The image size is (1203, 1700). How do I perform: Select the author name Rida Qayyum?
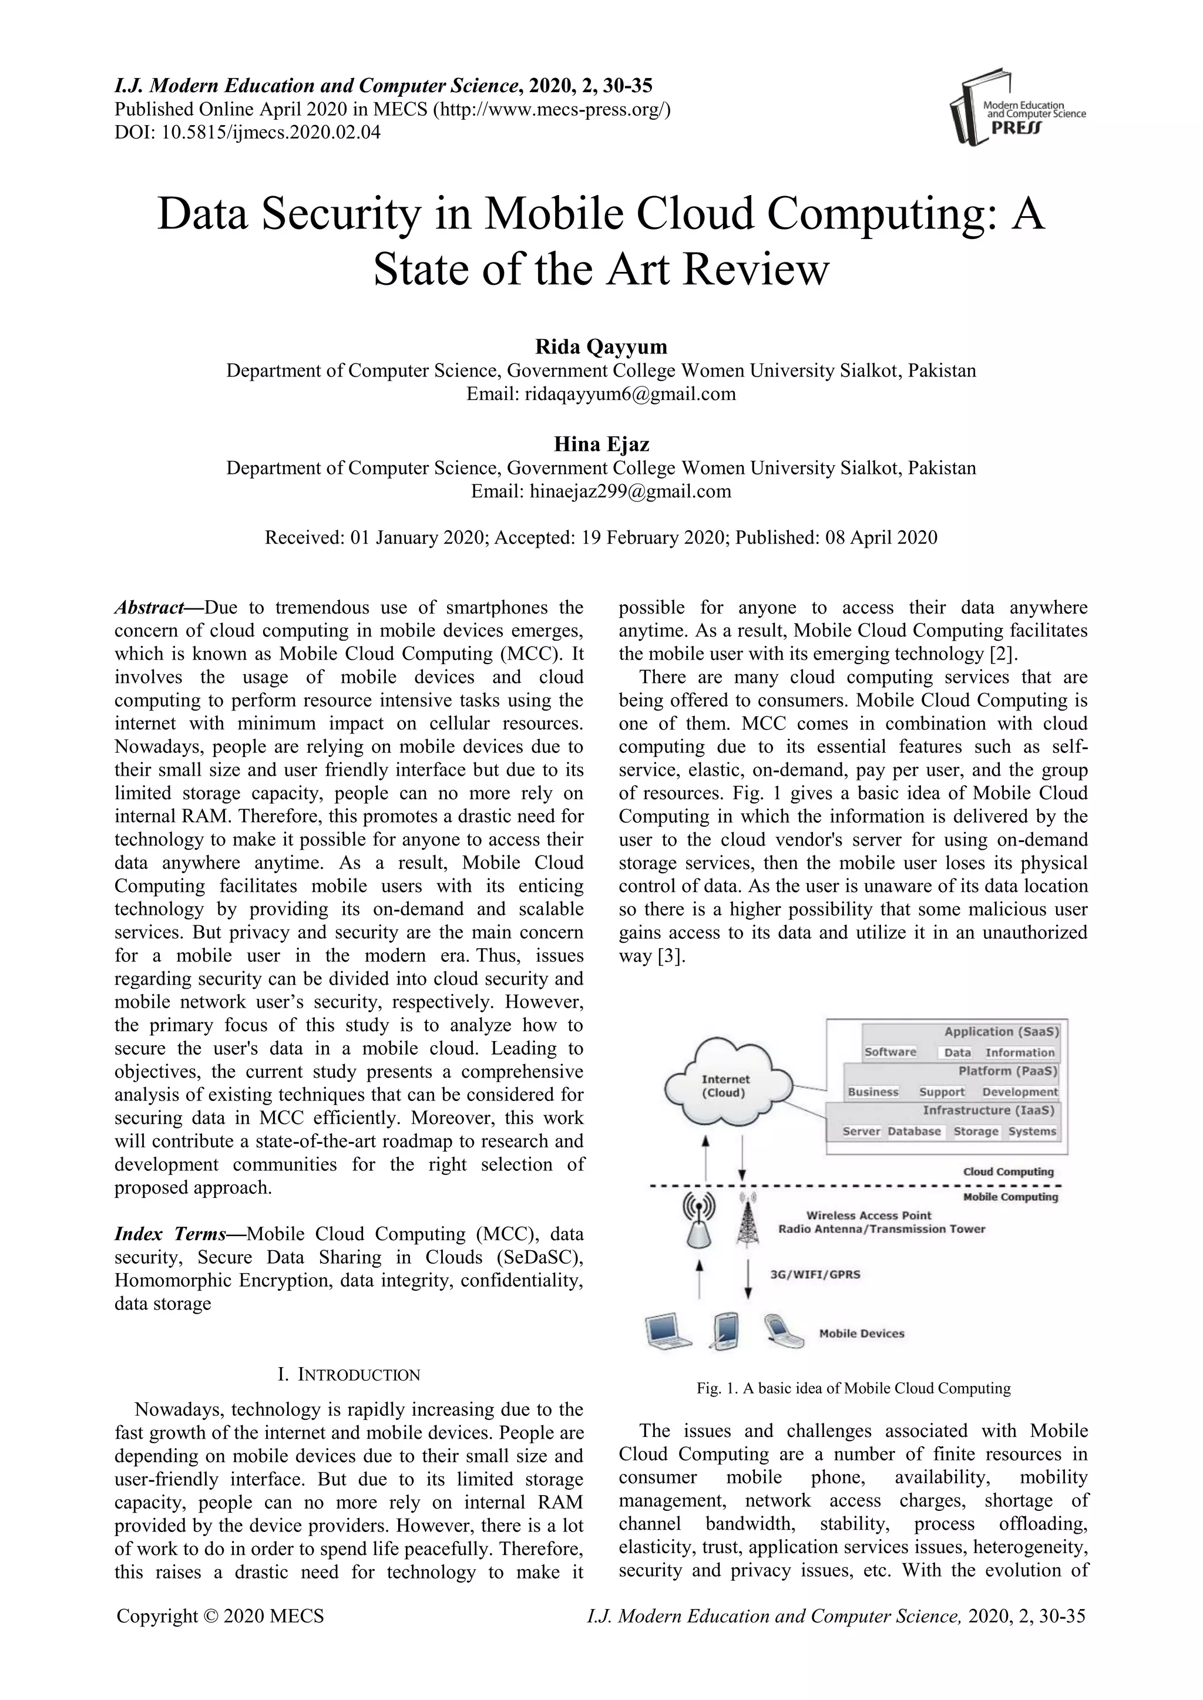(601, 346)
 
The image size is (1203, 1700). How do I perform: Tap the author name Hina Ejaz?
(601, 445)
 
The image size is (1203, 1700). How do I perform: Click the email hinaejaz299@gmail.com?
(630, 492)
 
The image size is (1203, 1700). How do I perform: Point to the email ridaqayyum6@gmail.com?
(630, 394)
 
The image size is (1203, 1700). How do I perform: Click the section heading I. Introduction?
(349, 1375)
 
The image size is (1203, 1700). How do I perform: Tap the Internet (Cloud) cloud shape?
(726, 1086)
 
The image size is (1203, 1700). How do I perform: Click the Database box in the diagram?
(914, 1132)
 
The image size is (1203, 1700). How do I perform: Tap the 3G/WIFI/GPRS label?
(815, 1275)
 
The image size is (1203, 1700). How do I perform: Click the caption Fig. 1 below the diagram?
(853, 1388)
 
